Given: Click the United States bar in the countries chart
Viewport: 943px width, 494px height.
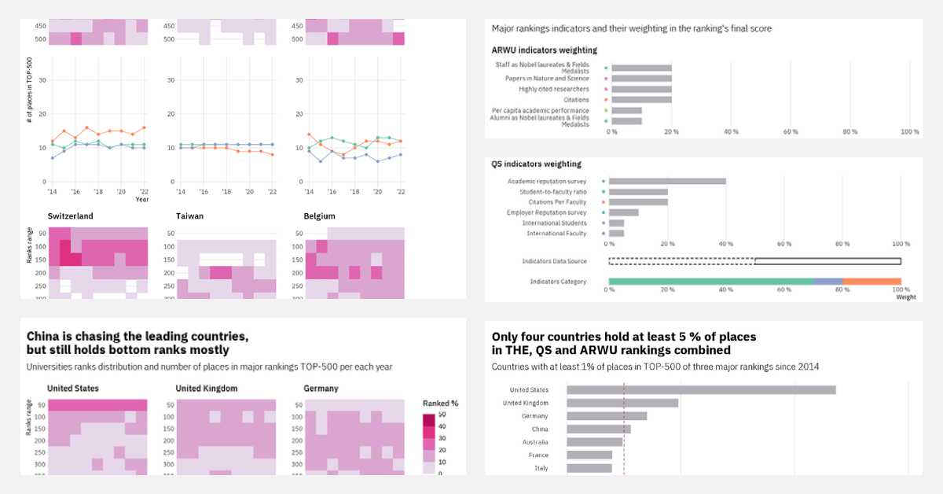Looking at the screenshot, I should (701, 389).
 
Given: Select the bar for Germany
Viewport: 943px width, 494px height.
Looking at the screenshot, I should (607, 416).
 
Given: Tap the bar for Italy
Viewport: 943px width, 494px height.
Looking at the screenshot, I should (589, 468).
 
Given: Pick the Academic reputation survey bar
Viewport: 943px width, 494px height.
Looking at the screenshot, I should (667, 181).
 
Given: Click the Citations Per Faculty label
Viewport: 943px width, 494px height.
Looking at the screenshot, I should (557, 202).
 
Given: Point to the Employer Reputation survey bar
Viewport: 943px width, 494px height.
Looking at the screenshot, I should (624, 212).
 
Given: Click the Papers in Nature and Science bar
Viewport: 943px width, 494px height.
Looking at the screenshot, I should (641, 79).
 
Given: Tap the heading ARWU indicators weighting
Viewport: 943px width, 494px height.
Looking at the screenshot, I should (544, 50).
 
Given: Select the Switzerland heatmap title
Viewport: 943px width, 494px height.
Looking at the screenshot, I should (70, 216).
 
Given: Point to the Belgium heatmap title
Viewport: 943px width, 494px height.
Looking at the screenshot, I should (319, 216).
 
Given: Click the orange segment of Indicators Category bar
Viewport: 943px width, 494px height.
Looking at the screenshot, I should (871, 281).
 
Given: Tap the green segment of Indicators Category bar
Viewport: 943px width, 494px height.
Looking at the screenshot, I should (710, 281).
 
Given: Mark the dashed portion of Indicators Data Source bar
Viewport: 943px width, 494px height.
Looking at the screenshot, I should (681, 261).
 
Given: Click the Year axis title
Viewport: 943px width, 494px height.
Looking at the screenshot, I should (141, 200).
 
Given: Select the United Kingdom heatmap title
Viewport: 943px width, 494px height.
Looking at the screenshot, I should (206, 389).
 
